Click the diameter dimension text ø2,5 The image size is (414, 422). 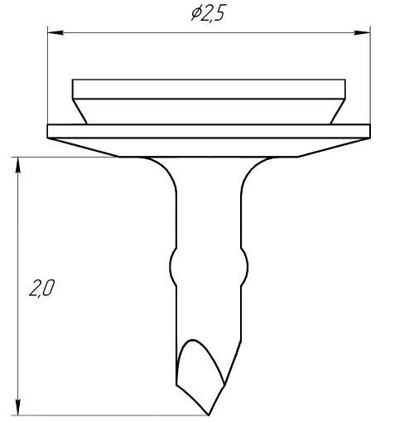click(x=209, y=14)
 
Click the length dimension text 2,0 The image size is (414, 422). click(x=42, y=288)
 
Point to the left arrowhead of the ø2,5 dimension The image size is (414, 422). click(x=55, y=32)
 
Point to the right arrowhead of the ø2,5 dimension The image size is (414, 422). click(x=362, y=32)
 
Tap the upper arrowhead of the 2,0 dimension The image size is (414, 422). click(x=18, y=165)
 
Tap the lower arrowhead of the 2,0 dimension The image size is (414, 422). click(x=18, y=407)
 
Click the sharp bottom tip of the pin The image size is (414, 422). click(x=209, y=415)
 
